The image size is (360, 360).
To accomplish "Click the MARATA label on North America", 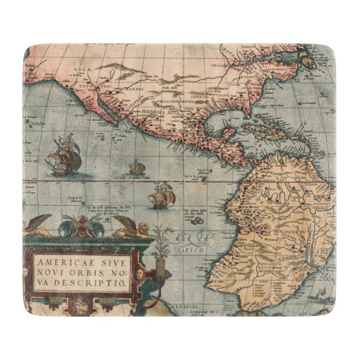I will point(132,89).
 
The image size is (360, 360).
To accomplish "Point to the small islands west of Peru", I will point(199,221).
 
